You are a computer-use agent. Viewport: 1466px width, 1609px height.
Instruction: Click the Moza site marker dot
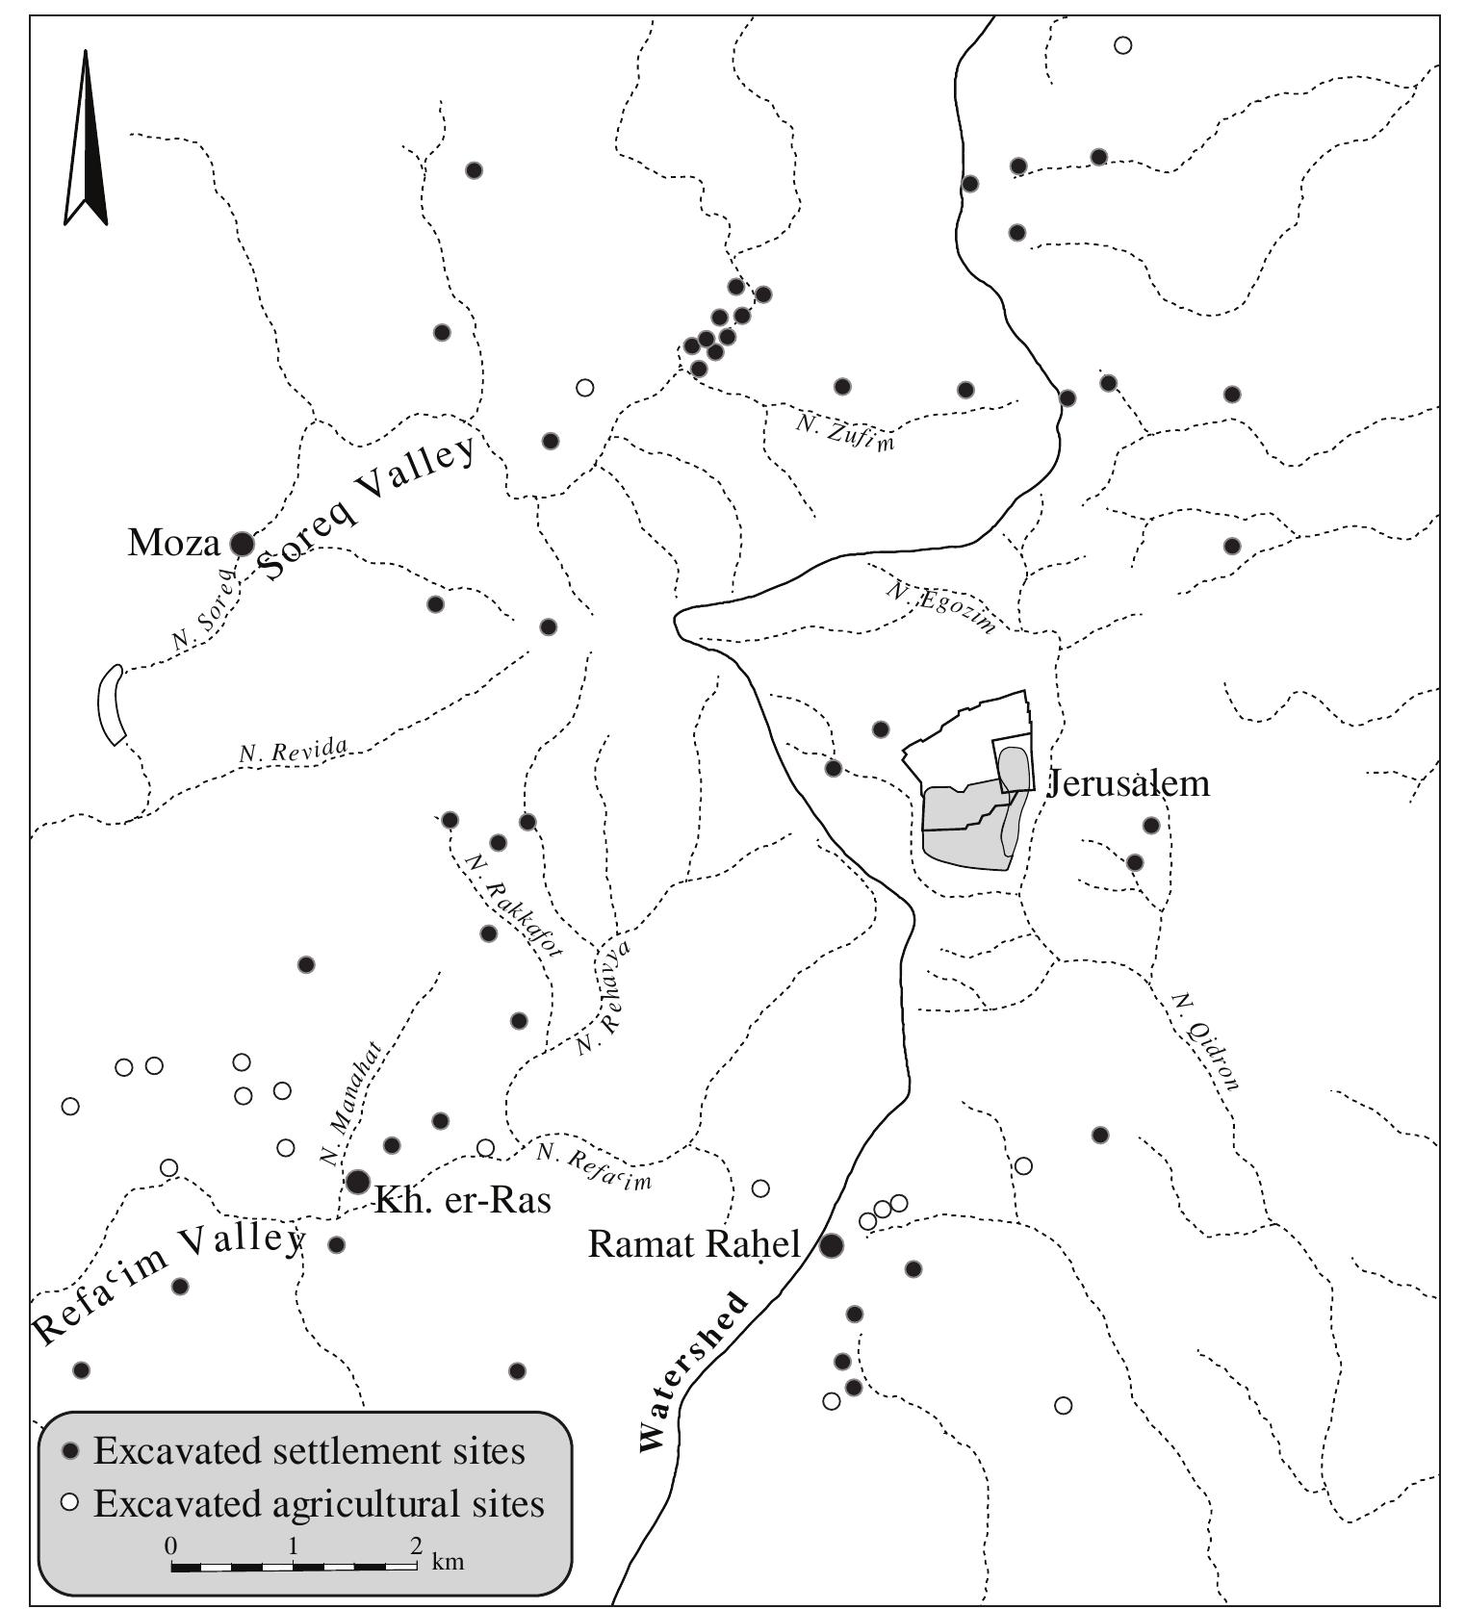tap(242, 544)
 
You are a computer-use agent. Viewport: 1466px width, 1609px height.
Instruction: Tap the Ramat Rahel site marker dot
tap(832, 1245)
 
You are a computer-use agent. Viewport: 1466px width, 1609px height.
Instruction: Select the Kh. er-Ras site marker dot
tap(358, 1181)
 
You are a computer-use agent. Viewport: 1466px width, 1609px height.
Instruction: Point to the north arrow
tap(86, 140)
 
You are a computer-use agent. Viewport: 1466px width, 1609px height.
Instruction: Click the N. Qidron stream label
tap(1205, 1042)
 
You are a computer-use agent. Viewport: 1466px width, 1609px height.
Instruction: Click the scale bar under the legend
tap(294, 1567)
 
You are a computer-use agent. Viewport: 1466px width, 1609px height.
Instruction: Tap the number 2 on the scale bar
tap(415, 1546)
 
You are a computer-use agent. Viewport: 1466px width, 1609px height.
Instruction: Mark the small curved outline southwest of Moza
tap(112, 704)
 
